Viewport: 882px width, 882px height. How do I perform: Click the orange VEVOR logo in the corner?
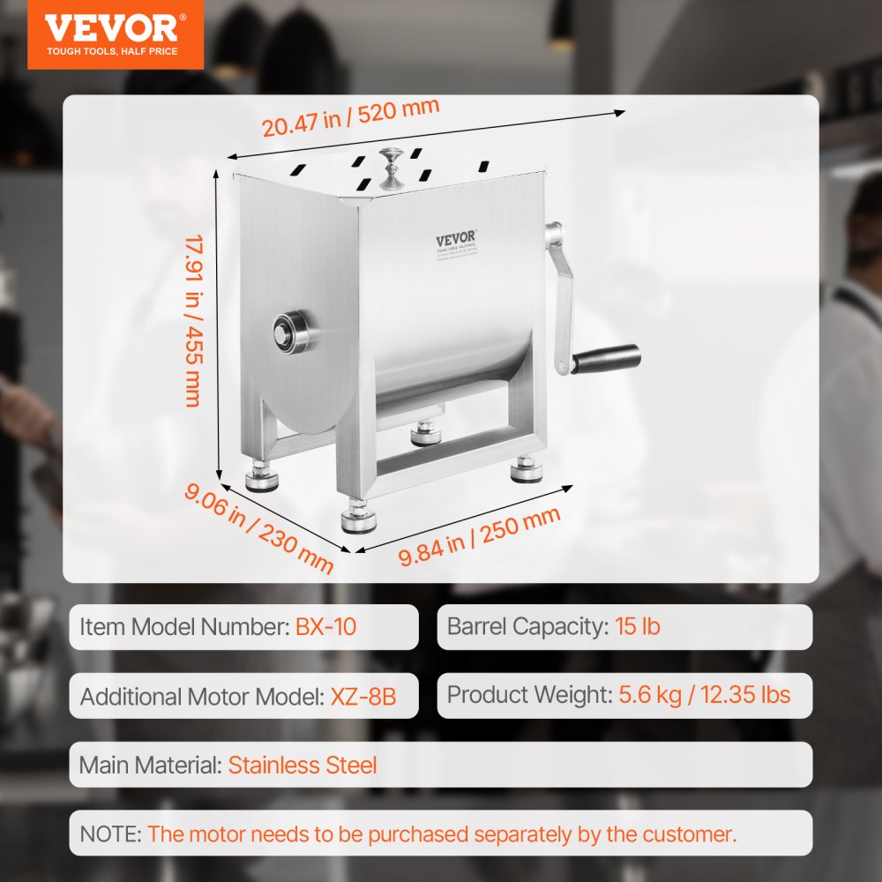pos(111,34)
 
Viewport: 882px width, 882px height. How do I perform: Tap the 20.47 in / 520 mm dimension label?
pos(350,116)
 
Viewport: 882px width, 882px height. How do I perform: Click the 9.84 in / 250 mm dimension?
pos(479,537)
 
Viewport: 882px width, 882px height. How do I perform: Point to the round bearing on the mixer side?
pos(290,331)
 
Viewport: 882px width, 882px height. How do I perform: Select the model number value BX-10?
pos(326,627)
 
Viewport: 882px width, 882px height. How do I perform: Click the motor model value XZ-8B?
pos(363,696)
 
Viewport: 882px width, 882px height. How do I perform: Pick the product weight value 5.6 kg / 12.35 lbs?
pos(705,694)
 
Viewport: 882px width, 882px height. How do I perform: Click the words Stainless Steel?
pos(303,765)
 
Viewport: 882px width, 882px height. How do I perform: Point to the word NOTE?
pos(110,833)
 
